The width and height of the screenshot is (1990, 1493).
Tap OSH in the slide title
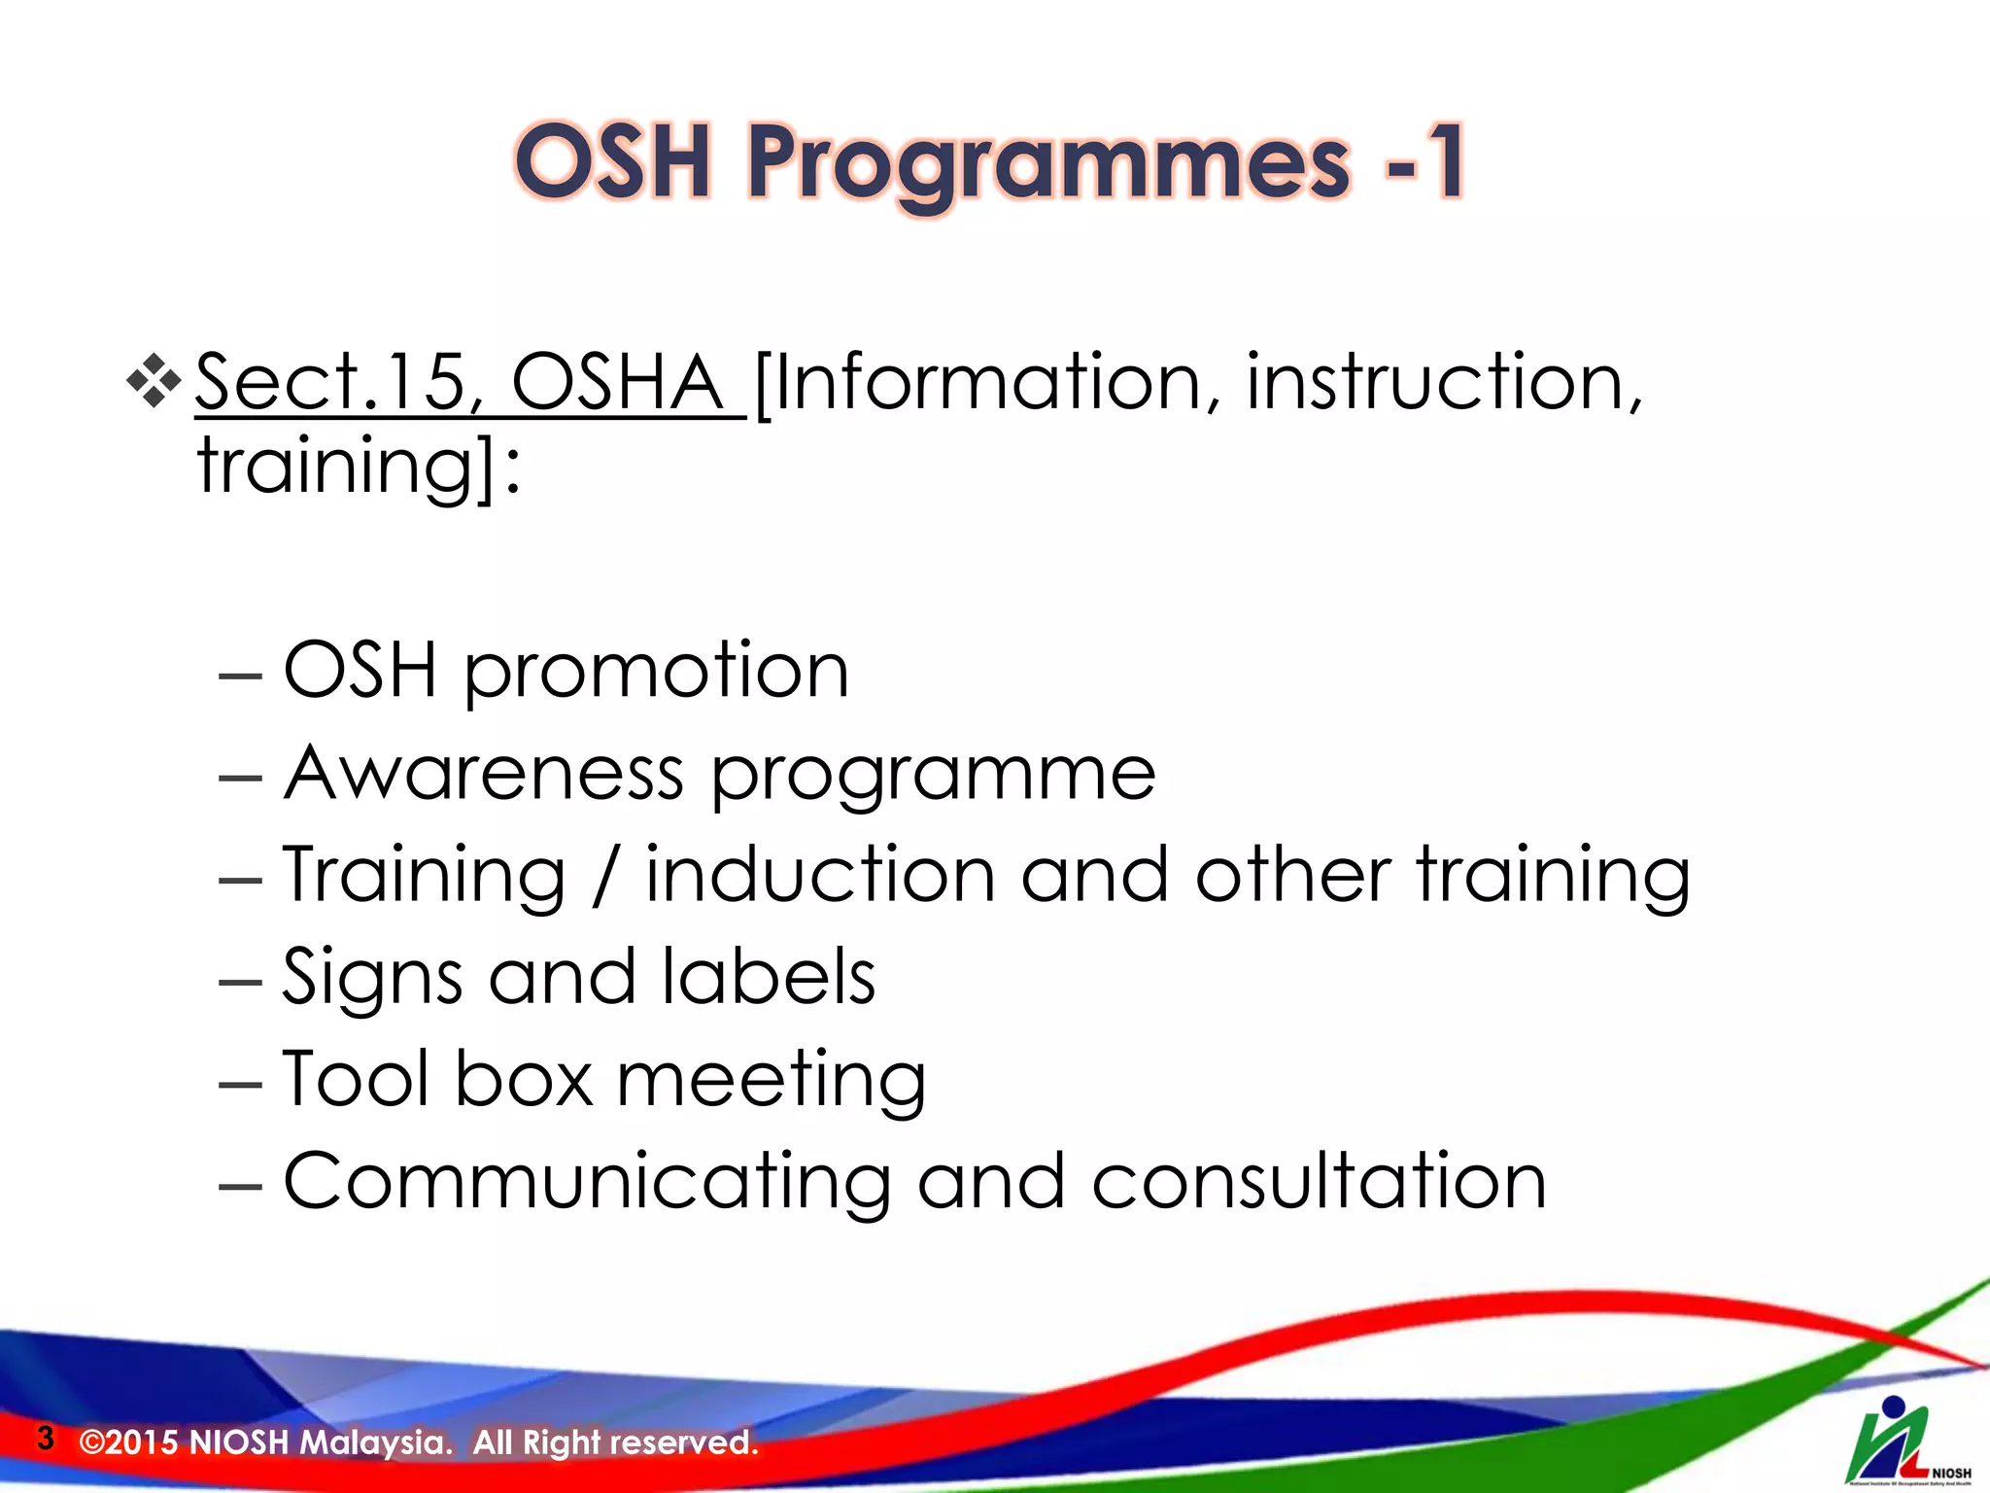coord(613,163)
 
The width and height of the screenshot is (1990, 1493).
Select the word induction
coord(820,875)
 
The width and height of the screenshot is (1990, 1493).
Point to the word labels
coord(769,977)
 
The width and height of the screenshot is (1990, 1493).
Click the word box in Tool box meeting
coord(524,1079)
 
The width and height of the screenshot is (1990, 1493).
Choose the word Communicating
coord(587,1181)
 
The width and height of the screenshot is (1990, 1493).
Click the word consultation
coord(1319,1181)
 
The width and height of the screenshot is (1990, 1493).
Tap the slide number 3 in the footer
coord(45,1438)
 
